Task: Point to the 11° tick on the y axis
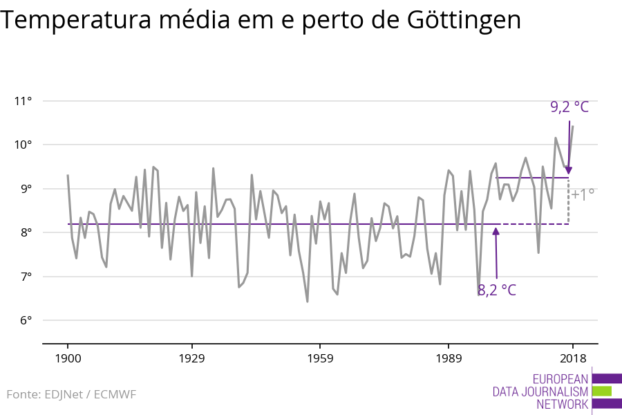pos(23,101)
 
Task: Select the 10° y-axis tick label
pos(23,145)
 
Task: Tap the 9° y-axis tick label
pos(25,189)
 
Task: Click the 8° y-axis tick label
pos(25,232)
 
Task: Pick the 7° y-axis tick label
pos(25,277)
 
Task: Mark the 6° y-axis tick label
pos(25,320)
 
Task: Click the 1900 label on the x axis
pos(68,358)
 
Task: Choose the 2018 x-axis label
pos(572,358)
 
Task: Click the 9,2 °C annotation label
pos(569,107)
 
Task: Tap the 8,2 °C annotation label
pos(496,290)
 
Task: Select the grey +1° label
pos(583,195)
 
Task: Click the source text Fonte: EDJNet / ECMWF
pos(71,394)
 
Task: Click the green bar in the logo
pos(602,391)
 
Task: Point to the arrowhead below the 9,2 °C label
pos(569,169)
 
